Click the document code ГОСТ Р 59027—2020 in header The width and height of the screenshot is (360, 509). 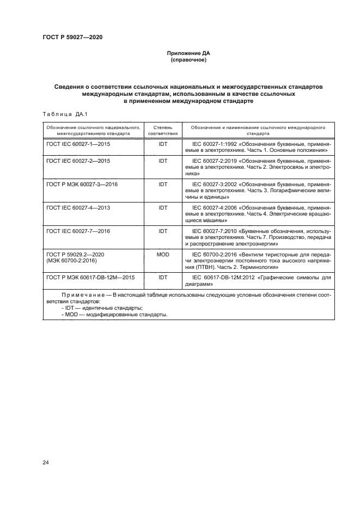[x=72, y=37]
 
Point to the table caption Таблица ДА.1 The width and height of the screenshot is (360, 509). [x=61, y=113]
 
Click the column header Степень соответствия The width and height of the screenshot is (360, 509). [x=162, y=129]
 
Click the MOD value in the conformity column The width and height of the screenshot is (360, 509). [x=163, y=254]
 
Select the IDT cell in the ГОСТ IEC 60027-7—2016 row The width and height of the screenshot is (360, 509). [x=163, y=231]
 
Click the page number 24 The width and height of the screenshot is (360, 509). [x=46, y=463]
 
